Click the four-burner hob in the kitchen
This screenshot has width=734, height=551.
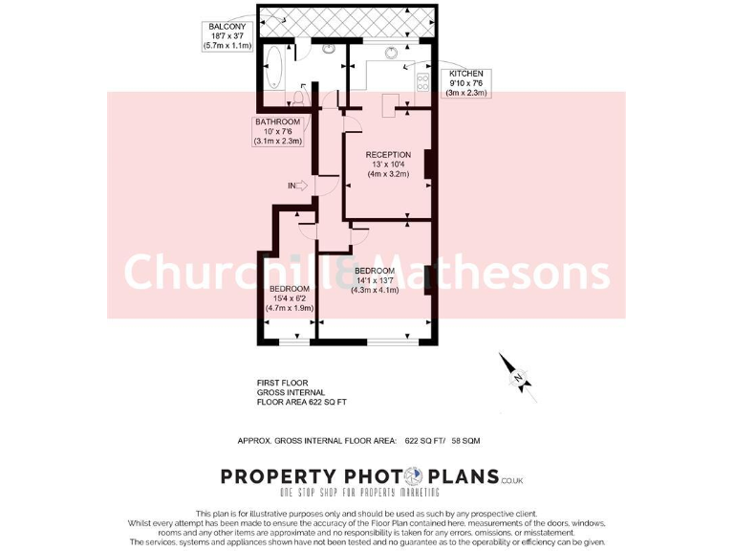[x=421, y=83]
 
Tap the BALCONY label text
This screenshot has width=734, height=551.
[x=223, y=26]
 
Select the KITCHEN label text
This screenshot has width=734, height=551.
[x=467, y=74]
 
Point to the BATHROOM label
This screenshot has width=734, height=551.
[x=277, y=122]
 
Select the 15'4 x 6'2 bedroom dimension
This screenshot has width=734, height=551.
[x=288, y=298]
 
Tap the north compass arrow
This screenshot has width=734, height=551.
[x=514, y=373]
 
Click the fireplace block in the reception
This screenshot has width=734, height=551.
[x=428, y=165]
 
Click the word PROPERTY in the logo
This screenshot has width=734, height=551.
[x=277, y=477]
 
